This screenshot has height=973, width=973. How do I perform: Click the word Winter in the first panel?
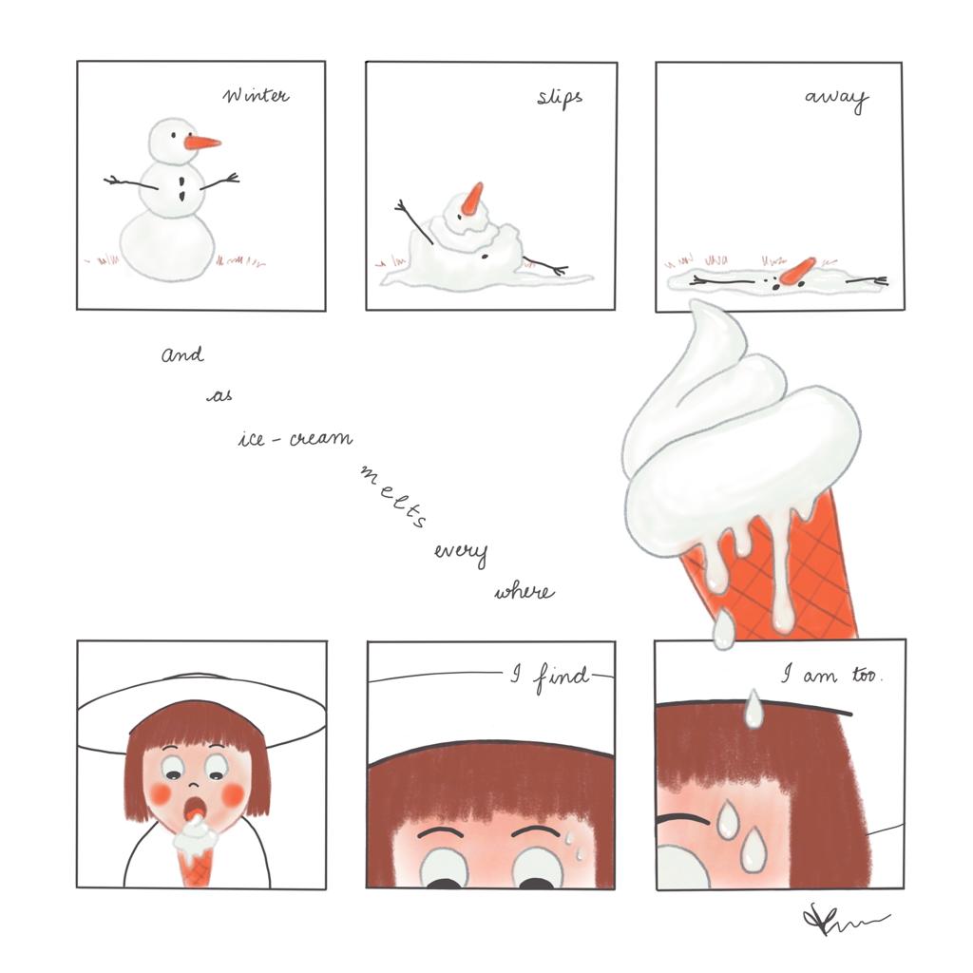[256, 96]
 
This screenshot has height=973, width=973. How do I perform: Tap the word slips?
[560, 98]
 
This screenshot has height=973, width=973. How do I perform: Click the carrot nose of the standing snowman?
[202, 143]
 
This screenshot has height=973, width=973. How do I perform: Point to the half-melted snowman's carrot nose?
[473, 198]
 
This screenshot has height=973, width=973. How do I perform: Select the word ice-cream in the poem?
[296, 439]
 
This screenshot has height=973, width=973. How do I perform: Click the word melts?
[394, 496]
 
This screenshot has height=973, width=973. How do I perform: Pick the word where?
[525, 591]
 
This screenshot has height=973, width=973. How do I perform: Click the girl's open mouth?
[196, 808]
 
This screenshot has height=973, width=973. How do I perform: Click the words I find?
[550, 677]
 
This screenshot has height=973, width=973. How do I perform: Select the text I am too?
[831, 675]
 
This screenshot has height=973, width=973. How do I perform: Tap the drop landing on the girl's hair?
[753, 709]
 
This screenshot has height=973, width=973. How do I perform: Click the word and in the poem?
[182, 354]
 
